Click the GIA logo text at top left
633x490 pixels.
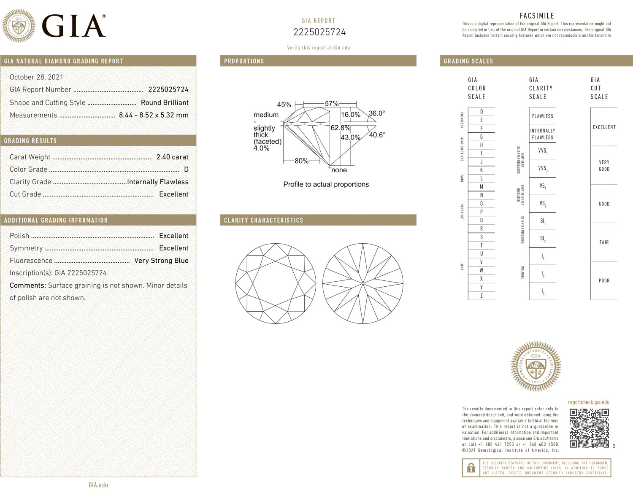(73, 26)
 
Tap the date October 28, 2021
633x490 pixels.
(36, 77)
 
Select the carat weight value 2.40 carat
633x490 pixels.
(172, 157)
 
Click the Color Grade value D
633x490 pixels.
(186, 170)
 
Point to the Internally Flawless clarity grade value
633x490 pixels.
(158, 182)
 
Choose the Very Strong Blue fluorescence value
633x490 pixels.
(161, 261)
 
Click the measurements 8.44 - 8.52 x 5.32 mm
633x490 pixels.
(154, 115)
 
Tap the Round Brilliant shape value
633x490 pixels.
(165, 102)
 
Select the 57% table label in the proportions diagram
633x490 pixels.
(331, 104)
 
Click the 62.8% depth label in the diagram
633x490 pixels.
(340, 128)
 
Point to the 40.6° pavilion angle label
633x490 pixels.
(377, 135)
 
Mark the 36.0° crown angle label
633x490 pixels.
(376, 113)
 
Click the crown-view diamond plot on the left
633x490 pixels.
(276, 283)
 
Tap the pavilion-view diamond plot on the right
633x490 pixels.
(362, 283)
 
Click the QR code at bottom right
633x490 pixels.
(589, 428)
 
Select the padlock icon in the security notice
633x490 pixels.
(471, 468)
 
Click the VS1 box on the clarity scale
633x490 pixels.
(542, 186)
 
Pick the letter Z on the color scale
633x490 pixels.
(481, 296)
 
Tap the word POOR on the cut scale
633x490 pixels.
(604, 280)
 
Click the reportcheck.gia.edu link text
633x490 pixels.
(588, 402)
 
